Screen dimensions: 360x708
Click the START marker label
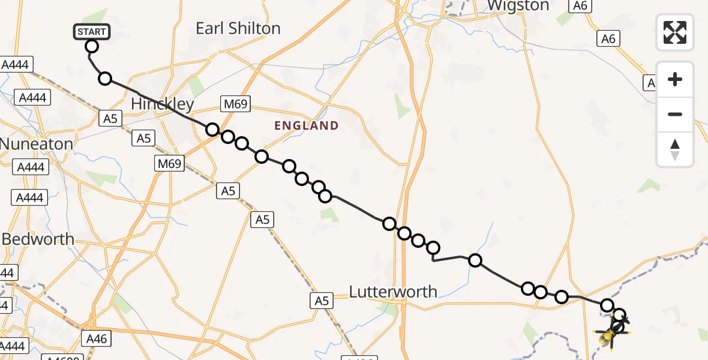pos(91,32)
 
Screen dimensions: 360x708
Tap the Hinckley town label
pos(162,104)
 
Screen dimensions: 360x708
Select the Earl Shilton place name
pos(238,28)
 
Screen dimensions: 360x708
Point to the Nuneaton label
pos(37,144)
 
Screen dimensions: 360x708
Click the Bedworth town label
pos(38,239)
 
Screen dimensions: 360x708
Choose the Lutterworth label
pos(393,292)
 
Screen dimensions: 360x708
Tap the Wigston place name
pos(518,6)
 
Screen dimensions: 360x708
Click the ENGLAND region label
pos(306,126)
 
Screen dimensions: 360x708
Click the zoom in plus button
pos(675,79)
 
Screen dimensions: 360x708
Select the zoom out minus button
pos(675,114)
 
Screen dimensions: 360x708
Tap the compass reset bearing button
pos(675,149)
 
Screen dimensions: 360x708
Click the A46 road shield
pos(96,339)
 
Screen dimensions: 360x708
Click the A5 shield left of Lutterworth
pos(322,301)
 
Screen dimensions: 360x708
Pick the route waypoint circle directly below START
pos(92,46)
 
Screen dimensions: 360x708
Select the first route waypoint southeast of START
pos(105,79)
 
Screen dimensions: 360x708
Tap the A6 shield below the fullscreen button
pos(608,38)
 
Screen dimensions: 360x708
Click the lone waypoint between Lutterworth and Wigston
pos(475,260)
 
